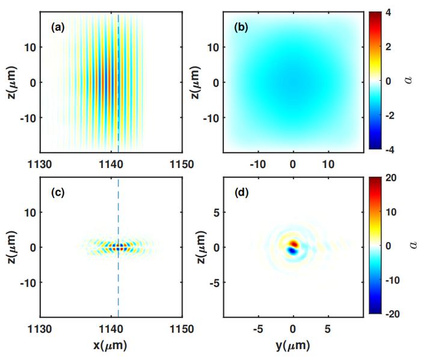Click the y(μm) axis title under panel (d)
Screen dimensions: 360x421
(293, 347)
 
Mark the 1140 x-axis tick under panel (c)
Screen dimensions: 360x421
(111, 329)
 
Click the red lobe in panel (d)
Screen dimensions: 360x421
(293, 244)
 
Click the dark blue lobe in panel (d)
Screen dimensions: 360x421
(292, 252)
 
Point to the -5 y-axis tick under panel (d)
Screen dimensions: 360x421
(257, 329)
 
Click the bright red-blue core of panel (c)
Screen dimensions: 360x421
(118, 246)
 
